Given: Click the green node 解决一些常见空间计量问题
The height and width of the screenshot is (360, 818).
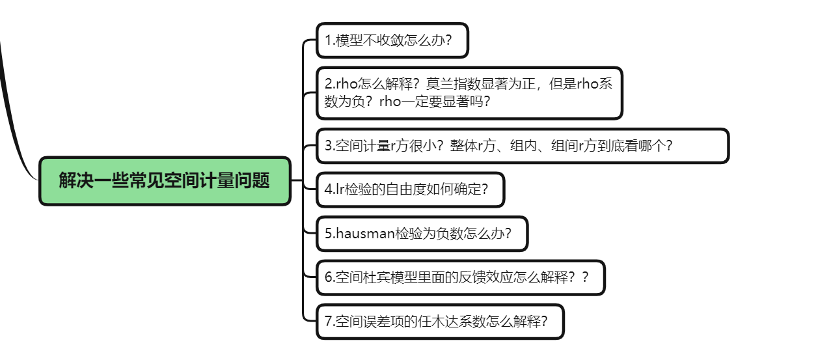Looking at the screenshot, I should click(x=165, y=181).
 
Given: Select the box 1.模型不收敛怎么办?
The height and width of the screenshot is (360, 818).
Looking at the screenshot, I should click(x=392, y=41).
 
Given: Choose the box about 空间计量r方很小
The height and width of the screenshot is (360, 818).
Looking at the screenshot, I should click(x=522, y=146).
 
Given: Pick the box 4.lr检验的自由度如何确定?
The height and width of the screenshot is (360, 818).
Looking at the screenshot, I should click(x=410, y=190).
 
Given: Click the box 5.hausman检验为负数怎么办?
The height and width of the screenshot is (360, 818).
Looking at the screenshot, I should click(x=422, y=234).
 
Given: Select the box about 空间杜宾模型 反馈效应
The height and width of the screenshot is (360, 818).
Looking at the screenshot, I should click(x=460, y=277).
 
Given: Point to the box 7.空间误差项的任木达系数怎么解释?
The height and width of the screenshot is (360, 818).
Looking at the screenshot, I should click(x=440, y=321).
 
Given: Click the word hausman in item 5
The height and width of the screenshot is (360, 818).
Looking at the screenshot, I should click(x=365, y=234).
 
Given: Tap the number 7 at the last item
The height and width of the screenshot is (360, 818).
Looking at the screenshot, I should click(x=328, y=321).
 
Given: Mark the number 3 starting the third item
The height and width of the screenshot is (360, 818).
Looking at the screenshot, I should click(x=329, y=146).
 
